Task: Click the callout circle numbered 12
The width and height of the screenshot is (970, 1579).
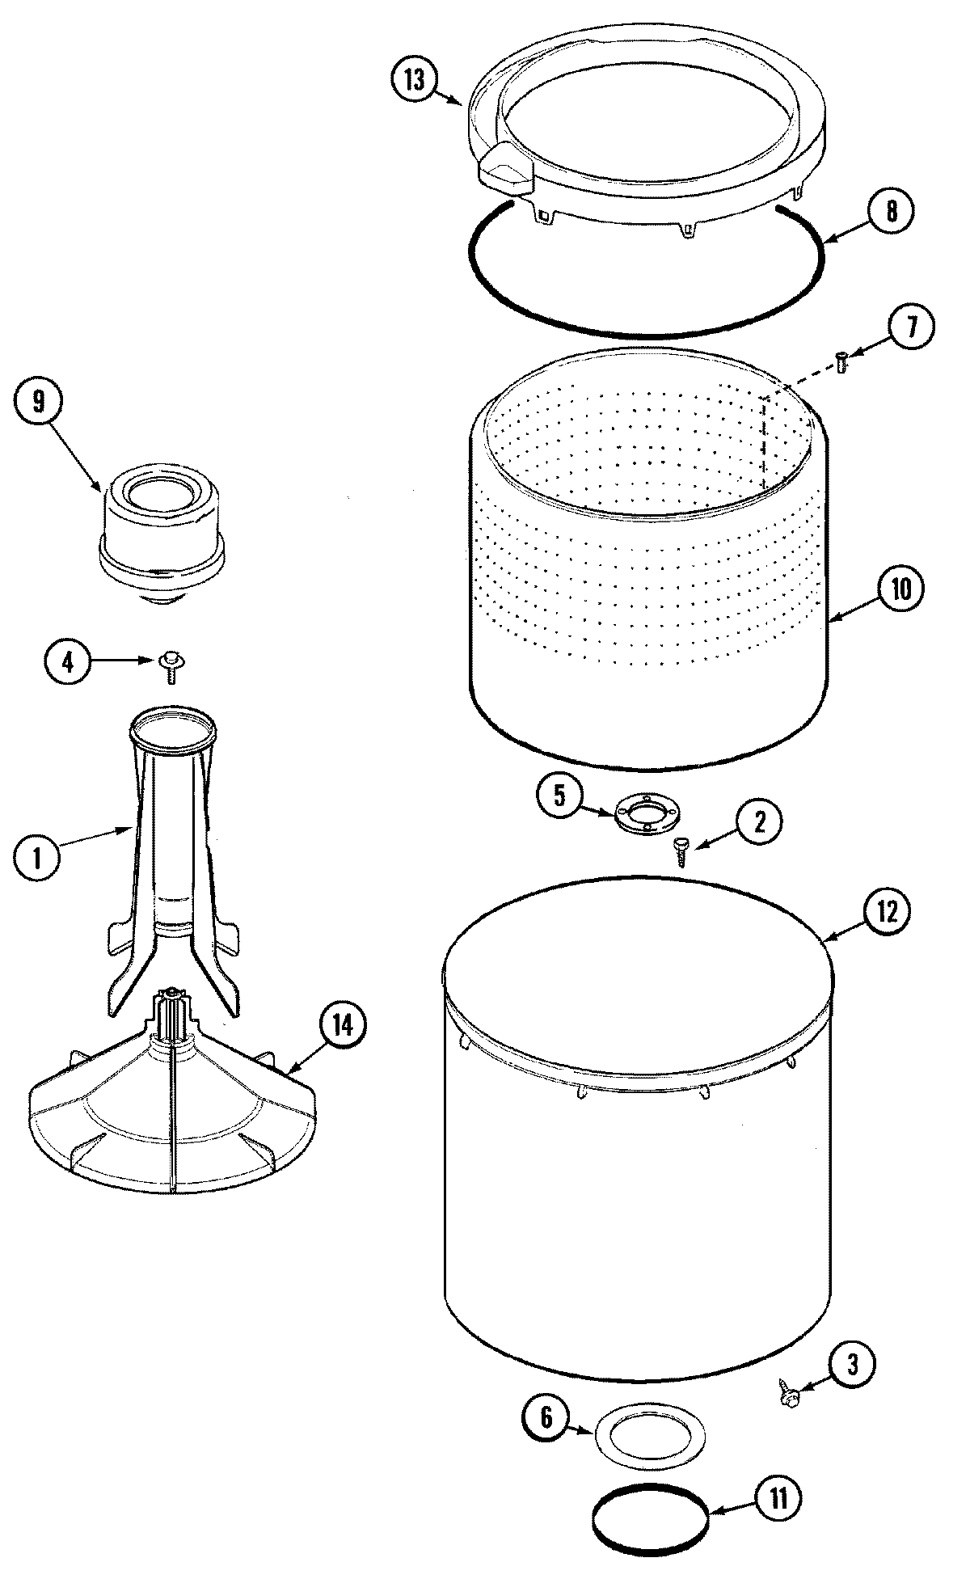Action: coord(887,912)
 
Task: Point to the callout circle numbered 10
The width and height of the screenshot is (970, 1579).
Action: coord(900,589)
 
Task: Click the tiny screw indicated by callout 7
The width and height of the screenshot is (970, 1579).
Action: coord(840,361)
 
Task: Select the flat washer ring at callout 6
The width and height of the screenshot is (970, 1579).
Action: coord(649,1435)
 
